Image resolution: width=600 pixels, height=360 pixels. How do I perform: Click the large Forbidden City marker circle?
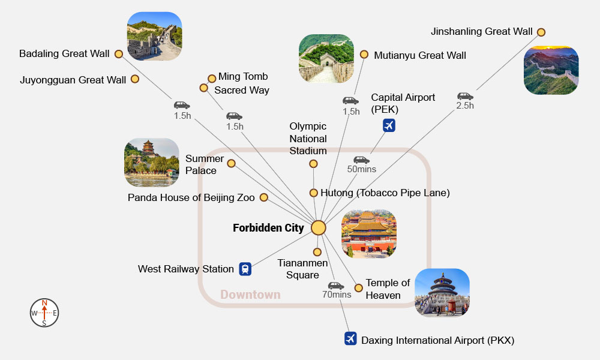(x=319, y=228)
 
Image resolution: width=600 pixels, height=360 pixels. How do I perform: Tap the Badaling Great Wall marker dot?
(x=119, y=54)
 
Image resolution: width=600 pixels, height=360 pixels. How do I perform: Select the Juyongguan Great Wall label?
(x=73, y=80)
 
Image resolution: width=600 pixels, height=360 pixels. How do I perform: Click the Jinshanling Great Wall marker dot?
(x=541, y=32)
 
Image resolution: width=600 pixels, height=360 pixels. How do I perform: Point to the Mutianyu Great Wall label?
(x=419, y=55)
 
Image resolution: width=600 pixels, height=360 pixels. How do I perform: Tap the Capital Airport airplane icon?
(x=389, y=125)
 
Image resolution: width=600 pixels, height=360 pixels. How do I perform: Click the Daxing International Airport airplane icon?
(x=351, y=339)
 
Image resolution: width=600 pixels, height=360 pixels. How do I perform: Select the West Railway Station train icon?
(x=245, y=269)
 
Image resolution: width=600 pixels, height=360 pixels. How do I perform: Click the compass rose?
(x=44, y=313)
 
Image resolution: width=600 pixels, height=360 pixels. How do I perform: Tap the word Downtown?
(x=250, y=295)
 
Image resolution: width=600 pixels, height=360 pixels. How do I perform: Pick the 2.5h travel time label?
(x=465, y=106)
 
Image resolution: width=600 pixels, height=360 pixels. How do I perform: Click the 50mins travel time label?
(x=362, y=169)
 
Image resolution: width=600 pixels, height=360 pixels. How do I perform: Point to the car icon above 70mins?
(x=336, y=286)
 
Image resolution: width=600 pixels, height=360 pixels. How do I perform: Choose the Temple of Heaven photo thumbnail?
(x=442, y=293)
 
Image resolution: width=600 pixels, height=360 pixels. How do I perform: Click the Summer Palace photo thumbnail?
(x=151, y=163)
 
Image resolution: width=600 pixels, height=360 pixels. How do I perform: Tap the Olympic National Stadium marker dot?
(x=313, y=164)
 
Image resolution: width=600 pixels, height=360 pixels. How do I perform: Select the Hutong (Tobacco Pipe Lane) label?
(x=385, y=193)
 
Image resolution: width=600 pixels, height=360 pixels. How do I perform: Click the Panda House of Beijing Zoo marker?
(x=263, y=197)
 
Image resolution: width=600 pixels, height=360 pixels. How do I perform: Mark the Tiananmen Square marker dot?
(x=317, y=252)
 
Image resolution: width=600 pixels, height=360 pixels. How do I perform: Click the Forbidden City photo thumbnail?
(x=369, y=234)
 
